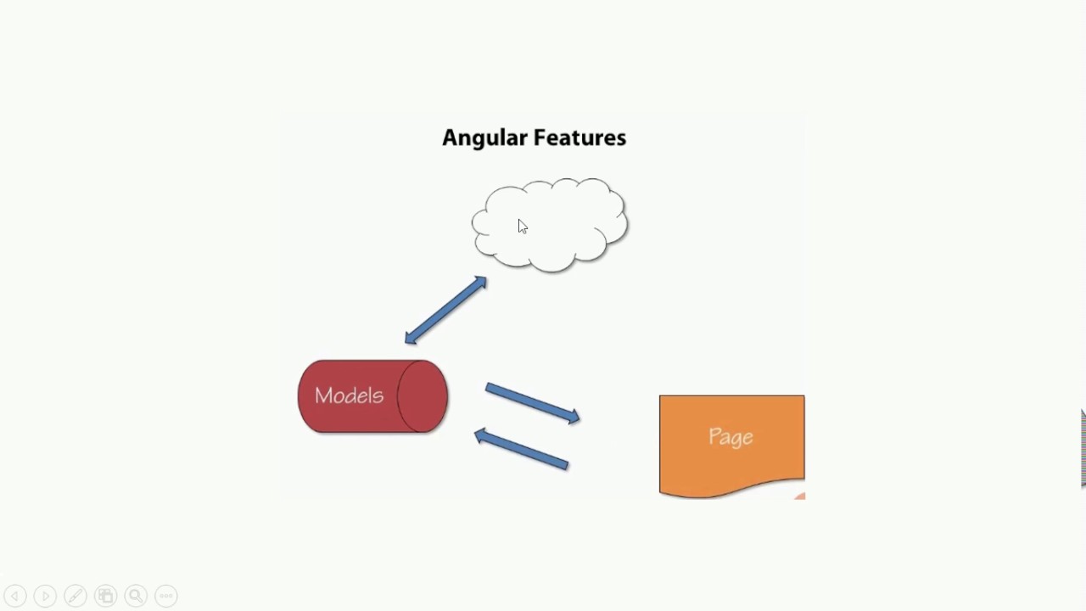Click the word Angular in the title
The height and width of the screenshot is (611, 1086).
484,138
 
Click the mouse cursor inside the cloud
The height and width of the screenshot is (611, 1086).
522,226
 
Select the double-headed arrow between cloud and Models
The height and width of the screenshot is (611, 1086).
445,311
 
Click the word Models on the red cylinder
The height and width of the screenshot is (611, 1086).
349,395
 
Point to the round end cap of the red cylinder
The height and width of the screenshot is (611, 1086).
423,396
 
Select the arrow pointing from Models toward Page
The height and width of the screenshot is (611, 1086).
533,403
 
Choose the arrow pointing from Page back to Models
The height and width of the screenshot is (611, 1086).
521,448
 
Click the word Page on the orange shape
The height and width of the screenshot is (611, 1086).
731,437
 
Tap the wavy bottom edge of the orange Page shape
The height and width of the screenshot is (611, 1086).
731,490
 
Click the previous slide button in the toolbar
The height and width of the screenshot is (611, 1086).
15,596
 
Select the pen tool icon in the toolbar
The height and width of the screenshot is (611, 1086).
76,596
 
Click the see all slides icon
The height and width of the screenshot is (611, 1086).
105,596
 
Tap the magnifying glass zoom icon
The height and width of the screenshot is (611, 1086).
136,596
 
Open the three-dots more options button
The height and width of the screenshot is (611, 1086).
166,596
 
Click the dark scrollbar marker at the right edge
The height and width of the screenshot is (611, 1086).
1083,448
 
